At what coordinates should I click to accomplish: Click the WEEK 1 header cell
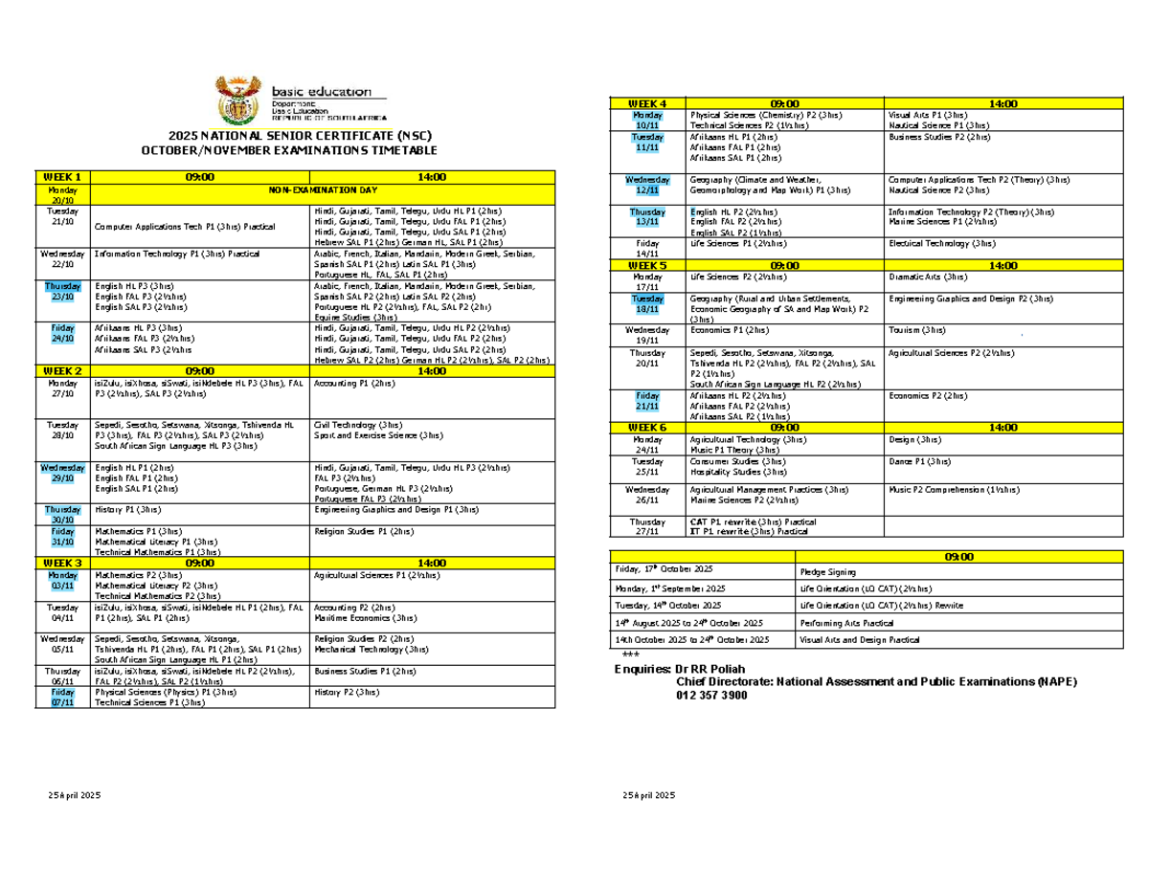click(62, 176)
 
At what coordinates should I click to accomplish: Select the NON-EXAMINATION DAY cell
click(322, 190)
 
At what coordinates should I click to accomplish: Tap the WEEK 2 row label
click(62, 370)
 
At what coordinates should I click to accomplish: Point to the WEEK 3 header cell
click(62, 563)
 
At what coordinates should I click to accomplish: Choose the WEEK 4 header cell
click(646, 103)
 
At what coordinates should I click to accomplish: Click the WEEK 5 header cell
click(646, 264)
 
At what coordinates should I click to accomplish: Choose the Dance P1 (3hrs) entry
click(919, 460)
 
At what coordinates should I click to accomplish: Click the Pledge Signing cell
click(828, 571)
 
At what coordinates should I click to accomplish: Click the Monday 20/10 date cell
click(62, 195)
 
